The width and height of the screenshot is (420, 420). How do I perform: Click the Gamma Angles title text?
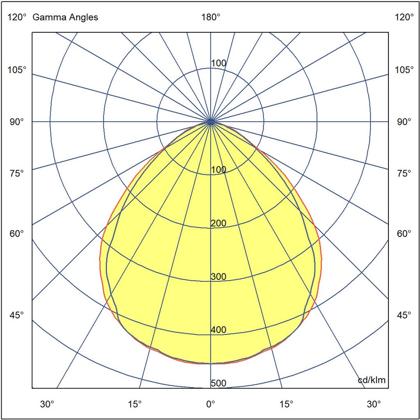(x=65, y=17)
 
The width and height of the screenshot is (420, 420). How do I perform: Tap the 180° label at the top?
(x=210, y=17)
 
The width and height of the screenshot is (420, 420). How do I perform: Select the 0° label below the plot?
(x=210, y=404)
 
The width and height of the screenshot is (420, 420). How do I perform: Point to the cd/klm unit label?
(x=372, y=380)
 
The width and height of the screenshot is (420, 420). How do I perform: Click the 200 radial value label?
(x=218, y=223)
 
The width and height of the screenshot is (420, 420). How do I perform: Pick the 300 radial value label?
(x=218, y=277)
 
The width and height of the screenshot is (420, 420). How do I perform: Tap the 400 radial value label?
(x=218, y=330)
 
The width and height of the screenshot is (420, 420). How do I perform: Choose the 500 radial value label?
(x=218, y=383)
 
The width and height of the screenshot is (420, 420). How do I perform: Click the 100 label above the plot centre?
(x=218, y=63)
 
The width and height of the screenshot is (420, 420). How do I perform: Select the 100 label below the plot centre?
(x=218, y=170)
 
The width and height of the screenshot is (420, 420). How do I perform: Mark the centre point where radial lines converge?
(x=210, y=121)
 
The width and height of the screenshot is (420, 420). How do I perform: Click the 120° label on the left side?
(x=17, y=17)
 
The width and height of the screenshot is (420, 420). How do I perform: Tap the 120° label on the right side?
(x=404, y=17)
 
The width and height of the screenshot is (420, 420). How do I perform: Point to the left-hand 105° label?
(x=17, y=70)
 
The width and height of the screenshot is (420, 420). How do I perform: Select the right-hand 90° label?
(x=404, y=122)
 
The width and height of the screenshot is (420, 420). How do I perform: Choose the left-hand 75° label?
(x=17, y=173)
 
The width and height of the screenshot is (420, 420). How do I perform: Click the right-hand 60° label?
(x=404, y=234)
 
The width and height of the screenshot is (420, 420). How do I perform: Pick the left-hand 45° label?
(x=17, y=315)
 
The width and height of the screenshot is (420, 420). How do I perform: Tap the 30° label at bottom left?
(x=47, y=404)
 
